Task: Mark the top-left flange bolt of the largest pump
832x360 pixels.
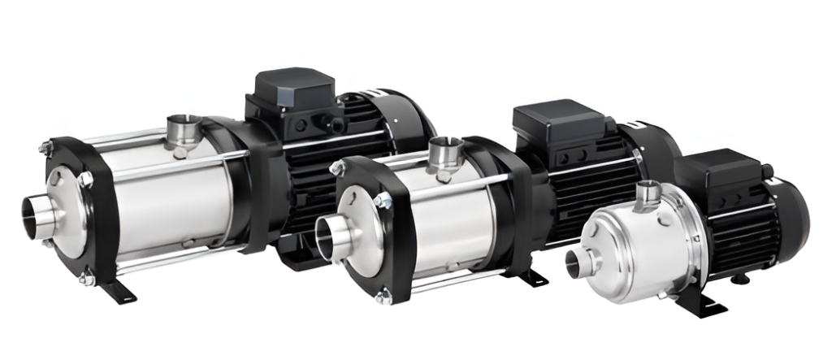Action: (46, 149)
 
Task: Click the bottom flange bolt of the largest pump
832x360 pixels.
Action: (86, 280)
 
